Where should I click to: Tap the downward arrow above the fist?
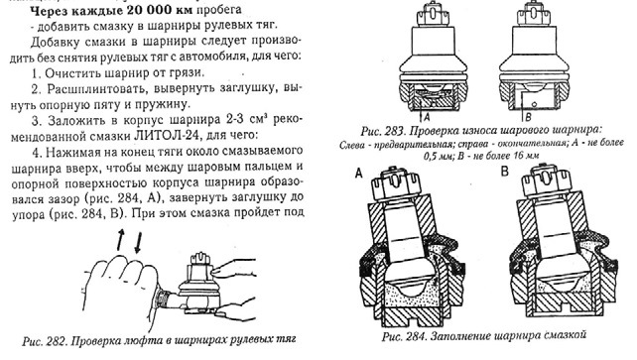[138, 242]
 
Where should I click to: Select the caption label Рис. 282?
[44, 340]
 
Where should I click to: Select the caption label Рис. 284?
[404, 336]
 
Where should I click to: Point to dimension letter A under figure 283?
[427, 117]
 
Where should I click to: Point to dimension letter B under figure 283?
[528, 117]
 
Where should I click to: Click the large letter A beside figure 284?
[359, 174]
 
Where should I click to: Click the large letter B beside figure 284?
[505, 172]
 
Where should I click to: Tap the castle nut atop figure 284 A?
[396, 184]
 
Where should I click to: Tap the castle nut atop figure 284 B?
[545, 181]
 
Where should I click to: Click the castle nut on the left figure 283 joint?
[433, 15]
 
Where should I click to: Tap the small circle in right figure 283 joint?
[534, 104]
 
